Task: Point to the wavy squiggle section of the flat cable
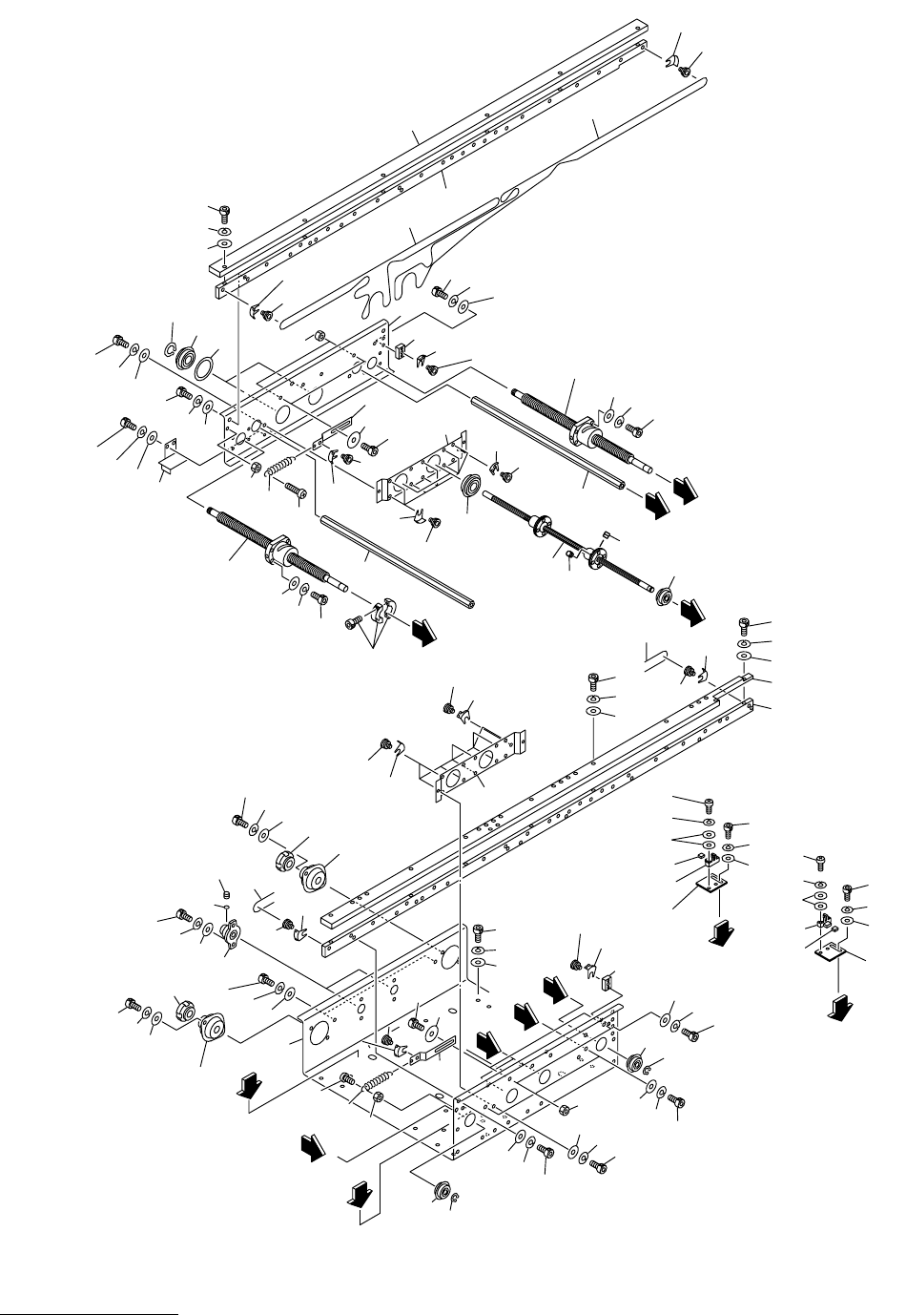point(391,287)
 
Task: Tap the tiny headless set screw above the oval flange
point(226,893)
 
